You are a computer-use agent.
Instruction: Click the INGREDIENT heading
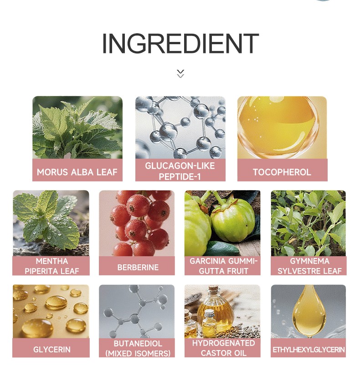click(x=180, y=43)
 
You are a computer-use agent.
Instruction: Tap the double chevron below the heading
click(x=180, y=73)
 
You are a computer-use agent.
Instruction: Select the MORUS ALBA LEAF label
click(x=77, y=172)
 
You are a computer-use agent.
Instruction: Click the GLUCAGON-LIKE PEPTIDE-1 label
click(x=180, y=171)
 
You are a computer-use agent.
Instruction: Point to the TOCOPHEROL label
click(x=282, y=172)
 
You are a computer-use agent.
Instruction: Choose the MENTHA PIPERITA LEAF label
click(x=51, y=266)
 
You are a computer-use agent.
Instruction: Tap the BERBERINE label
click(x=138, y=267)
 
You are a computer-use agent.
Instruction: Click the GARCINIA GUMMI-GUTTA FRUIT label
click(x=223, y=266)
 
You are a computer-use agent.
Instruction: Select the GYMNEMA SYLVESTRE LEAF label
click(x=309, y=266)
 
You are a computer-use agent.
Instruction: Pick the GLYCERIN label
click(x=52, y=349)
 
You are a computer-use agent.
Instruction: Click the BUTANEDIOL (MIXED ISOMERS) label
click(x=138, y=348)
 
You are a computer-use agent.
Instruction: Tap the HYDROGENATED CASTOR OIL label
click(x=223, y=348)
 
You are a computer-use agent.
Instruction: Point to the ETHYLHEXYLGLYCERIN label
click(x=309, y=350)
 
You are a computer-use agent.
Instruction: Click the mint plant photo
click(x=51, y=223)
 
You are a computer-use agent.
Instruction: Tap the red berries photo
click(x=137, y=223)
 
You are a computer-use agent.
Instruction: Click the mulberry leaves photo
click(x=77, y=128)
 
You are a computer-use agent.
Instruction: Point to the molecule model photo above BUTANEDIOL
click(x=137, y=311)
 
